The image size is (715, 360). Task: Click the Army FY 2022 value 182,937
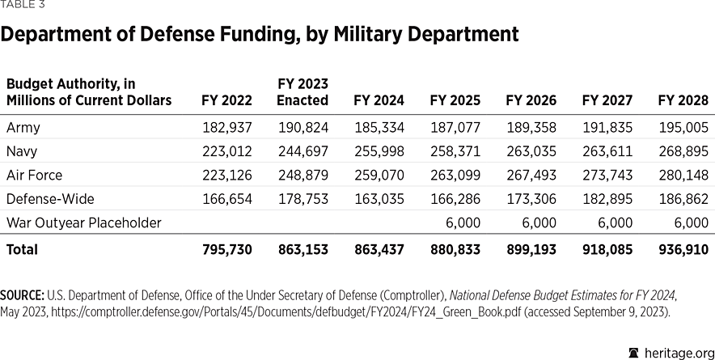point(226,128)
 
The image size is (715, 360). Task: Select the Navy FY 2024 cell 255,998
point(379,151)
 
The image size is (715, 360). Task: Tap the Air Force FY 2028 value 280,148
point(683,175)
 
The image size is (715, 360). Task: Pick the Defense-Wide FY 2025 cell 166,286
point(455,199)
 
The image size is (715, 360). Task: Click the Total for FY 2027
point(607,250)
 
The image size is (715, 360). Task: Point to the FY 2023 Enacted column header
point(302,92)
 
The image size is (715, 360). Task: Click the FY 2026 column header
point(531,101)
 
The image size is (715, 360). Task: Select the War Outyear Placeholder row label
point(84,222)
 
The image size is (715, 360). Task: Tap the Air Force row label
point(34,175)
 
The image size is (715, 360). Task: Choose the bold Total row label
point(22,250)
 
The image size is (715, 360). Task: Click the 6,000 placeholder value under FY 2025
point(463,222)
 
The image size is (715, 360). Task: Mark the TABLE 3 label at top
point(23,5)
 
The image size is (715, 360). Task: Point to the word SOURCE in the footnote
point(23,297)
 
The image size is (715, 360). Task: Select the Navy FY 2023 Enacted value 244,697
point(302,151)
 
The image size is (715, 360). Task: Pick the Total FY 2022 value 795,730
point(226,250)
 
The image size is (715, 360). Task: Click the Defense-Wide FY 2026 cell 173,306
point(531,199)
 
